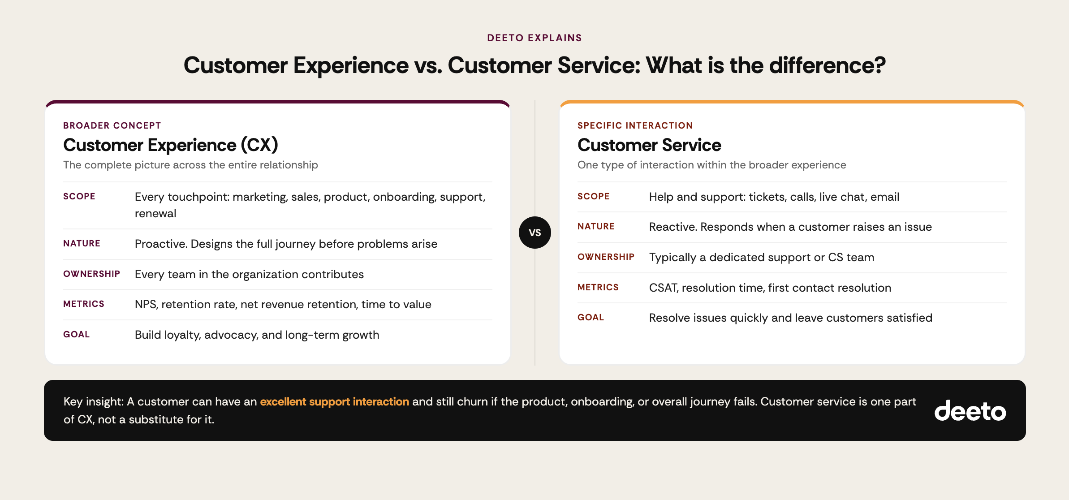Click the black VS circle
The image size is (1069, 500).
coord(534,233)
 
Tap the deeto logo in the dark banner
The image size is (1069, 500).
coord(970,411)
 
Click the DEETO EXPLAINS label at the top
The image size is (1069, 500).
coord(534,38)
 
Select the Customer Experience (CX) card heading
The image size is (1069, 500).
coord(170,145)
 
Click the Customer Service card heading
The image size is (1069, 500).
coord(649,145)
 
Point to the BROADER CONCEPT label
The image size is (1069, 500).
coord(112,125)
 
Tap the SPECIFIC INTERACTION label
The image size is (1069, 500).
coord(635,125)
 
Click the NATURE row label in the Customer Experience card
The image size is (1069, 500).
coord(82,243)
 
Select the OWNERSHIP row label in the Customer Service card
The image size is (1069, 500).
coord(606,257)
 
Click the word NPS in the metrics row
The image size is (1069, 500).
coord(145,305)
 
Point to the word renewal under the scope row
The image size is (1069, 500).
coord(155,214)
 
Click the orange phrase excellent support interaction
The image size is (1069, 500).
coord(334,401)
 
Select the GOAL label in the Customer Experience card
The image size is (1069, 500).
coord(76,334)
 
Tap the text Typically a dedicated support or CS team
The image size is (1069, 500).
coord(761,257)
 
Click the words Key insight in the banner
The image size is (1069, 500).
coord(93,401)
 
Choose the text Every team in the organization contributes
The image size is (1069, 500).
coord(249,274)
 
